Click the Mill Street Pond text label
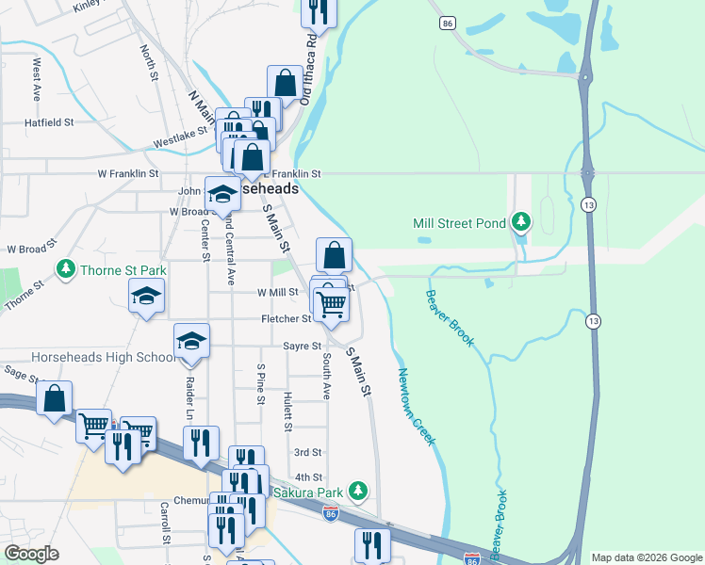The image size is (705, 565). click(x=459, y=223)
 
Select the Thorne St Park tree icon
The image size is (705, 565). click(x=65, y=270)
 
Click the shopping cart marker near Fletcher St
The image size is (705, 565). click(x=332, y=304)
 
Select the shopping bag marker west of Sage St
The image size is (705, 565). click(x=55, y=397)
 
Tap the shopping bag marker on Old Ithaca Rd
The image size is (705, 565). click(x=285, y=83)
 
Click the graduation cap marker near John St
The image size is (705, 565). click(x=222, y=194)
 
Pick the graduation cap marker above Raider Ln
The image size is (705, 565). click(x=191, y=341)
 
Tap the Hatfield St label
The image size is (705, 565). click(x=49, y=122)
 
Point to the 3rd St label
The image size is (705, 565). click(x=308, y=453)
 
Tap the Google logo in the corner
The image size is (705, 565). click(x=31, y=554)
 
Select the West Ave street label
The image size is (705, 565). click(x=38, y=80)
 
